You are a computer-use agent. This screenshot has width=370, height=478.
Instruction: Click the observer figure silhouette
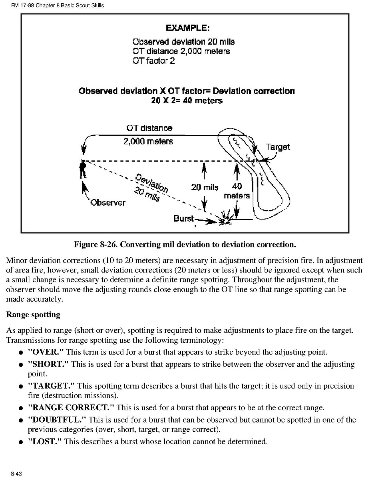coord(83,170)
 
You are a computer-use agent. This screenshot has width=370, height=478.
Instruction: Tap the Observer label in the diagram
coord(107,202)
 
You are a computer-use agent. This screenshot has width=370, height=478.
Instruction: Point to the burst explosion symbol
coord(224,219)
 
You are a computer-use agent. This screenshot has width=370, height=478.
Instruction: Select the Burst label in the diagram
coord(184,219)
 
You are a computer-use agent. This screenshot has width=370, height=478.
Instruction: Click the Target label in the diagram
coord(278,147)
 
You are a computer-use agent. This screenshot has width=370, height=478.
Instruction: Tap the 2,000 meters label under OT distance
coord(148,141)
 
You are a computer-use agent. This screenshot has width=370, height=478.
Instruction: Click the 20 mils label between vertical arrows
coord(205,187)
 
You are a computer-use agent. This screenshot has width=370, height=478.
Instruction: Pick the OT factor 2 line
coord(153,61)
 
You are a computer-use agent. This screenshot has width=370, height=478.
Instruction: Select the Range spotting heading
coord(33,314)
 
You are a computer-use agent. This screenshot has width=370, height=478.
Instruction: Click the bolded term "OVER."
coord(46,352)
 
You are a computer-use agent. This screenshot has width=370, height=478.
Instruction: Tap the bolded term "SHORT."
coord(48,364)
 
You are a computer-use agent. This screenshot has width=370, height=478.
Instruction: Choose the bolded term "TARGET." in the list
coord(51,386)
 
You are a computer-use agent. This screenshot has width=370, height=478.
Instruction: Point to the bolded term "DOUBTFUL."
coord(57,420)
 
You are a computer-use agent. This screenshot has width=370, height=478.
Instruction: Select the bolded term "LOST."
coord(45,441)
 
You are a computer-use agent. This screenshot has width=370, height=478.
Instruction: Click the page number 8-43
coord(16,473)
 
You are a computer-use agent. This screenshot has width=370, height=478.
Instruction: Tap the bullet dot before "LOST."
coord(20,442)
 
